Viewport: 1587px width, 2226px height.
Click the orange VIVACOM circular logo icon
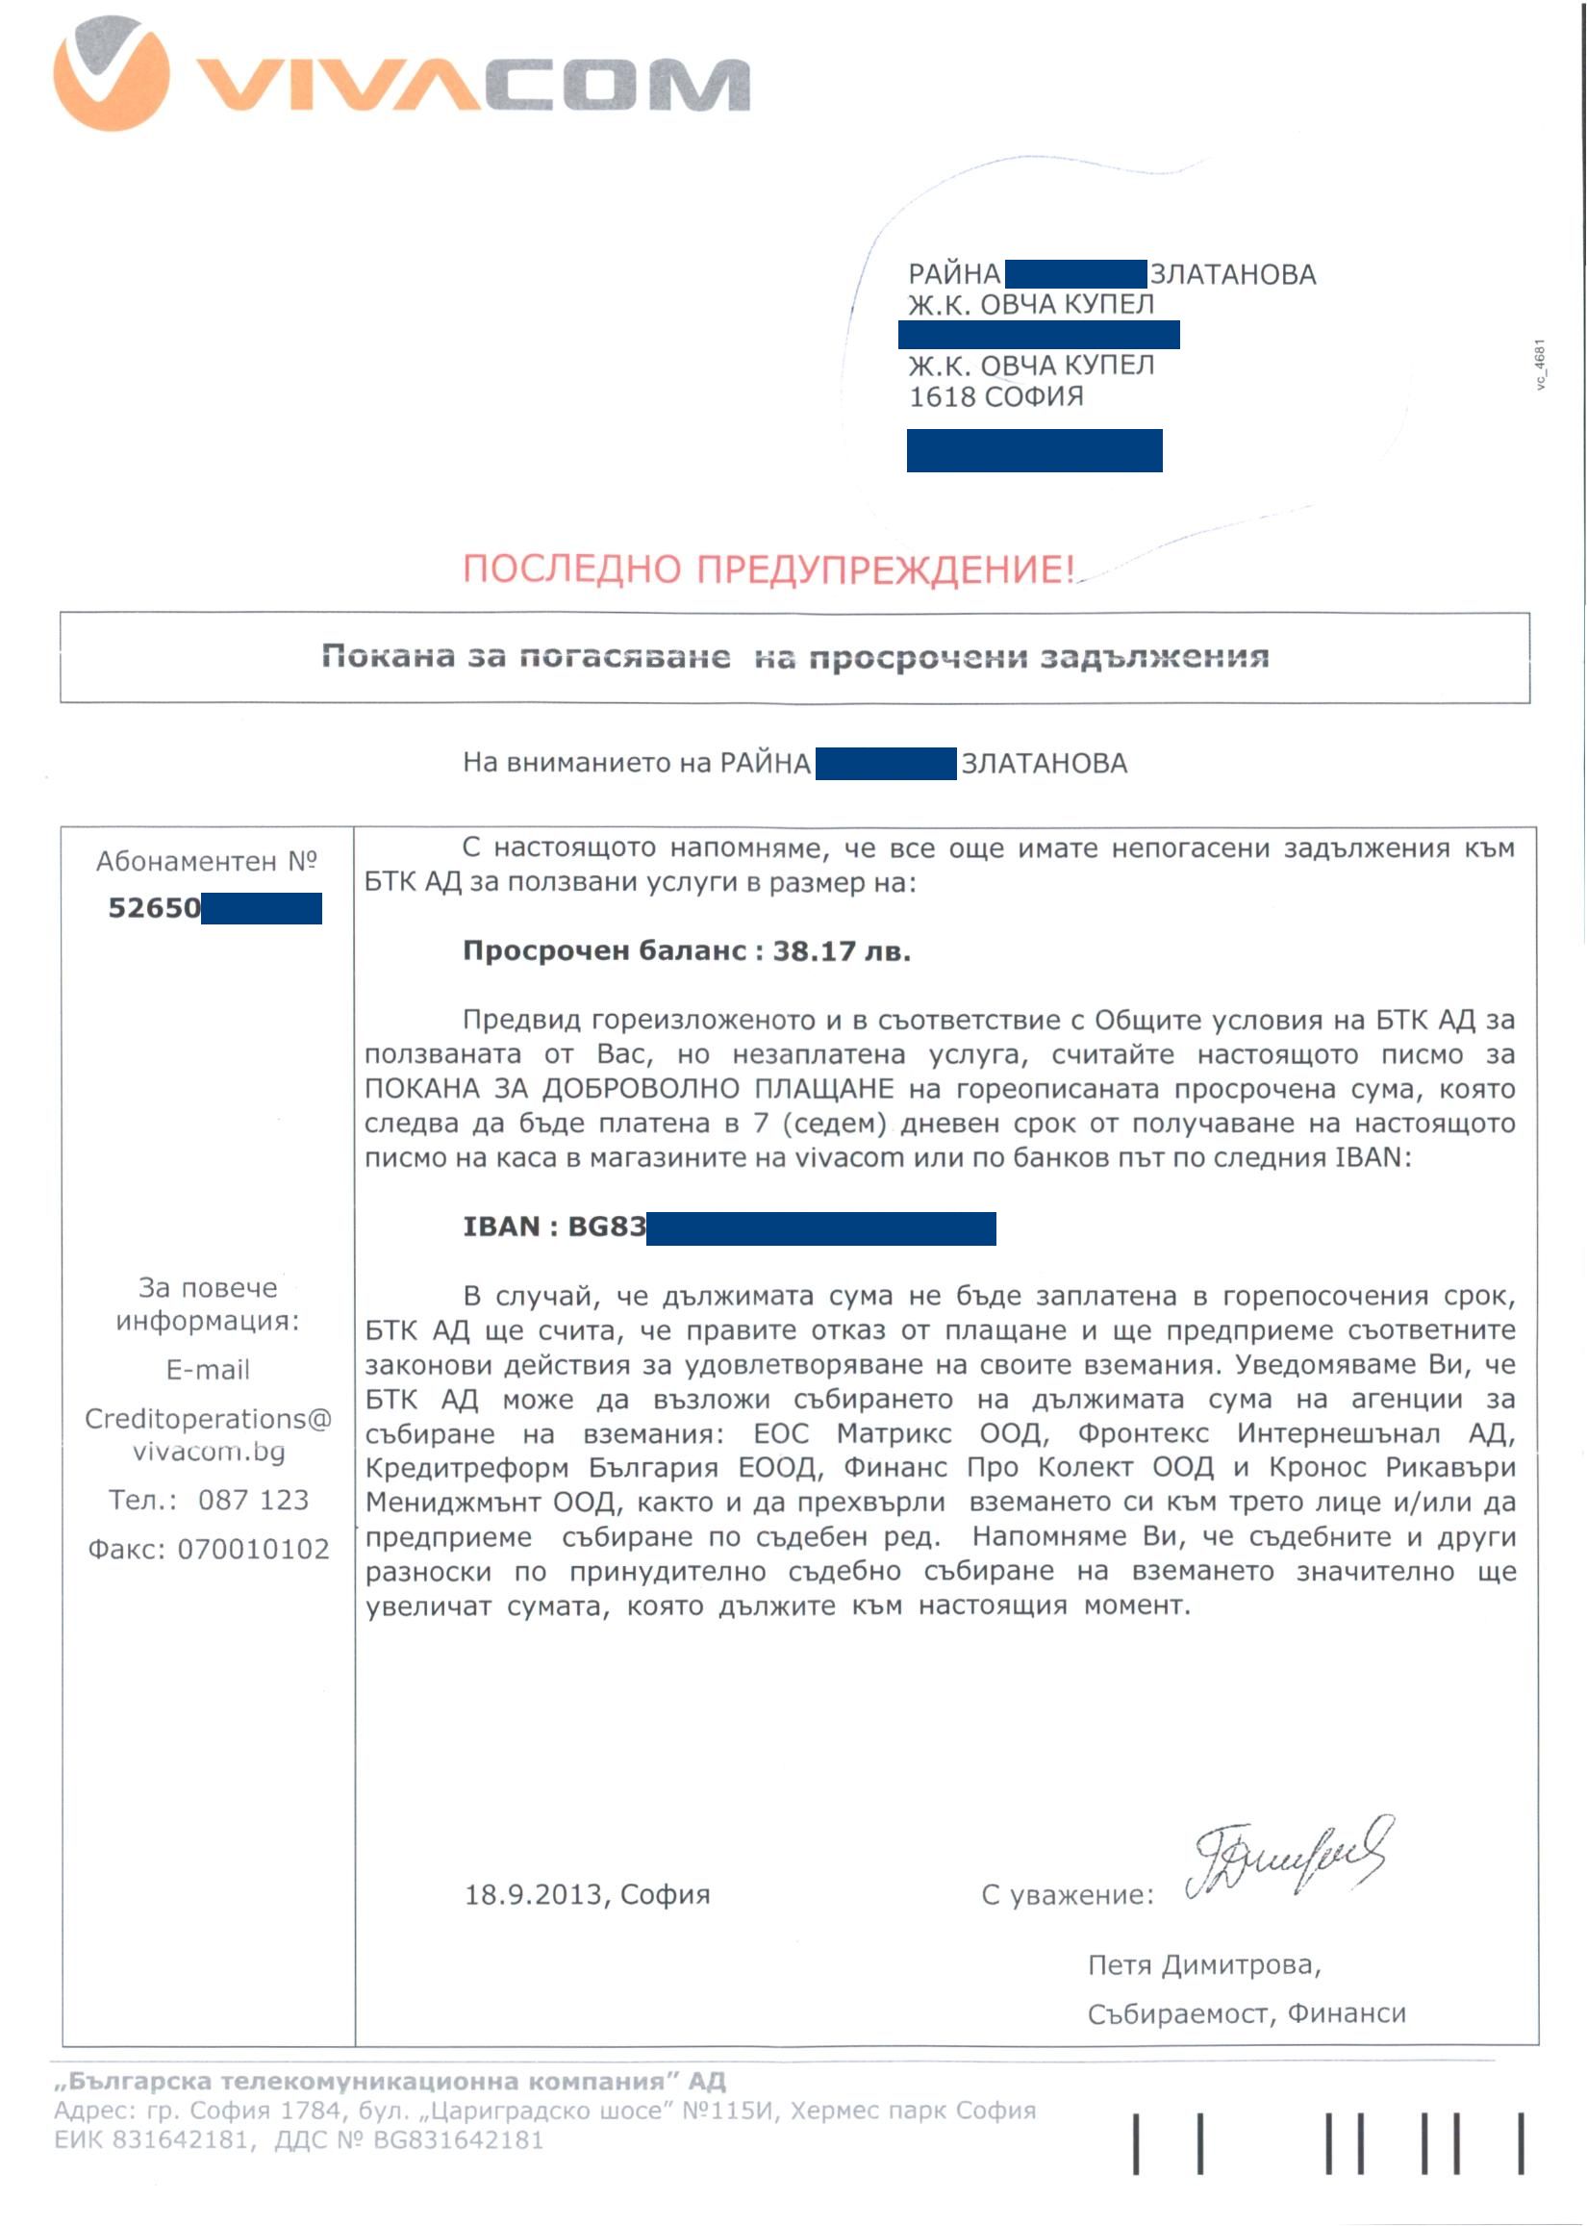tap(111, 74)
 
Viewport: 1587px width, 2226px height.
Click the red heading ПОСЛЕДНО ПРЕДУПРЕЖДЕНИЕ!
tap(768, 569)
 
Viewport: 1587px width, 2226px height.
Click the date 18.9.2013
tap(534, 1896)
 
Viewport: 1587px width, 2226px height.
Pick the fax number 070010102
tap(253, 1550)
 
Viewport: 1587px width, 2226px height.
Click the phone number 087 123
tap(253, 1500)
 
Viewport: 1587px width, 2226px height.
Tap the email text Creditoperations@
tap(208, 1419)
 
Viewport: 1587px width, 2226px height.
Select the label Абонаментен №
tap(206, 861)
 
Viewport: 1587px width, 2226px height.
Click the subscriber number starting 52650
tap(155, 909)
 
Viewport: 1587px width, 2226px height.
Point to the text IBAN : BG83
tap(554, 1227)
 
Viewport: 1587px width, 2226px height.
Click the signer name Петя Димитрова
tap(1203, 1965)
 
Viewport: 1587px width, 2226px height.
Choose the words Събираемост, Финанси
tap(1246, 2014)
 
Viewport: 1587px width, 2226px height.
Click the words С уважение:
tap(1067, 1896)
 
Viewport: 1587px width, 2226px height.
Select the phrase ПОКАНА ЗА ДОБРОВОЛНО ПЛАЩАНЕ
tap(629, 1090)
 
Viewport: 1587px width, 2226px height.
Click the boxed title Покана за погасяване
tap(526, 657)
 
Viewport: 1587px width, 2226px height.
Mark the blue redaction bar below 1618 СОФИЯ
tap(1034, 450)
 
